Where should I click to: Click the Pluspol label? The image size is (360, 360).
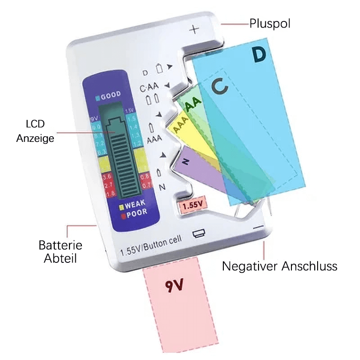270,23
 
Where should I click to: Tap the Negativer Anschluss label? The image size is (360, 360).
280,266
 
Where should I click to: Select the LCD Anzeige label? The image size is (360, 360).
35,131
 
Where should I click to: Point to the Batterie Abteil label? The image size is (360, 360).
60,252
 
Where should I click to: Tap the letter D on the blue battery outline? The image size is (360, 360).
259,55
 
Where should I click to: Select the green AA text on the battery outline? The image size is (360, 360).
193,105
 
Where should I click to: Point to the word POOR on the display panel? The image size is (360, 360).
136,212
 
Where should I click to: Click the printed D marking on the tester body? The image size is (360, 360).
145,73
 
